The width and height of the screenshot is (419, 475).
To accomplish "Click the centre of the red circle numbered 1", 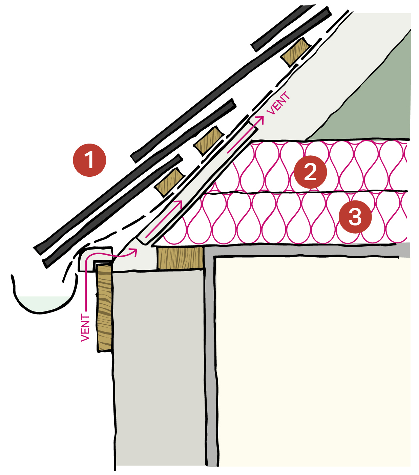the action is coord(89,160).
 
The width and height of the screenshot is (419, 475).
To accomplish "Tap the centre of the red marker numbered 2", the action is coord(310,172).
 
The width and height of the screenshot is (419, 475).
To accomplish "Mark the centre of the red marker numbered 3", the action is coord(355,217).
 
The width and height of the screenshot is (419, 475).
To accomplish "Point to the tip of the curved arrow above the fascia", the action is coord(137,249).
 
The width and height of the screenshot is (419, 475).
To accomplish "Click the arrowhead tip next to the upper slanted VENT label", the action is coord(264,116).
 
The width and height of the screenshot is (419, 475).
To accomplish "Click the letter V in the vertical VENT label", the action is coord(85,337).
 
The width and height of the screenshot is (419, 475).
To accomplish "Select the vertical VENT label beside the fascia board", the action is coord(85,327).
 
